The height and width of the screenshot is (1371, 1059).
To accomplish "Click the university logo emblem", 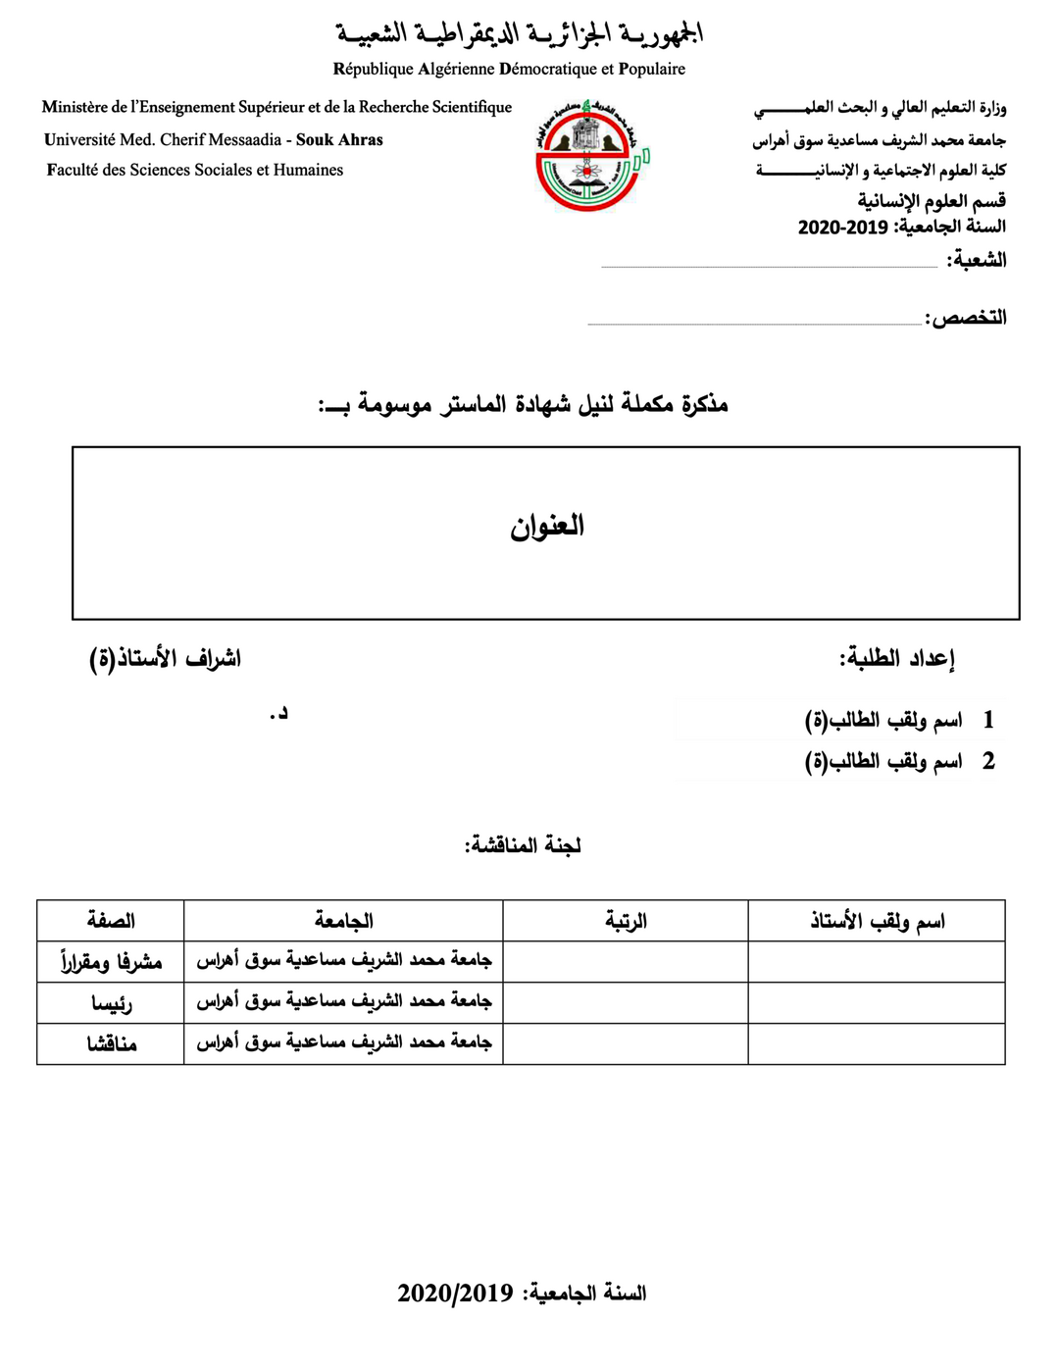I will [x=590, y=155].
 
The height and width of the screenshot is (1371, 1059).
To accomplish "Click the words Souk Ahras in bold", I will [x=339, y=140].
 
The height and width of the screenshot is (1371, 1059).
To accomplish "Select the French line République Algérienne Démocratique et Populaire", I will [x=509, y=70].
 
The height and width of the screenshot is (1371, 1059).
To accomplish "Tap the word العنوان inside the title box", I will [x=546, y=527].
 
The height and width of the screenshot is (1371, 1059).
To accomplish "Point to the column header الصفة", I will [x=111, y=921].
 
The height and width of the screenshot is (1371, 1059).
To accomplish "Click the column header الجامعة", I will [x=343, y=921].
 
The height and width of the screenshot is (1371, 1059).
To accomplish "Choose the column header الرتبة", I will [x=626, y=921].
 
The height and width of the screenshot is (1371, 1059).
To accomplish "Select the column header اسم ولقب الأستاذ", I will [x=877, y=921].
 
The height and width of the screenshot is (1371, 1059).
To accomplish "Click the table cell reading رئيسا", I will [x=111, y=1003].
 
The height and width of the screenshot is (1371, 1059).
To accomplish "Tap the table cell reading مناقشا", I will [x=111, y=1044].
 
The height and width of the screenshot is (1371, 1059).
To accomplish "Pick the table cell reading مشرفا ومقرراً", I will [x=111, y=962].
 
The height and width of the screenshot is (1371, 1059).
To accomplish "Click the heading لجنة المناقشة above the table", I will [x=523, y=845].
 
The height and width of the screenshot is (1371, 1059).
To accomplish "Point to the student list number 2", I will [x=988, y=761].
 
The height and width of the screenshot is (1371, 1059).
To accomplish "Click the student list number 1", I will [x=988, y=720].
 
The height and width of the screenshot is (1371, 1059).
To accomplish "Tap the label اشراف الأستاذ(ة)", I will [x=165, y=658].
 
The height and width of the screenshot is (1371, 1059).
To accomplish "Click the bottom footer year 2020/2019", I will [x=455, y=1294].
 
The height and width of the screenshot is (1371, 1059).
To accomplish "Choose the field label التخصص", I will [x=968, y=318].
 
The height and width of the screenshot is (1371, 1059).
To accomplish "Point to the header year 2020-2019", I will [x=842, y=228].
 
